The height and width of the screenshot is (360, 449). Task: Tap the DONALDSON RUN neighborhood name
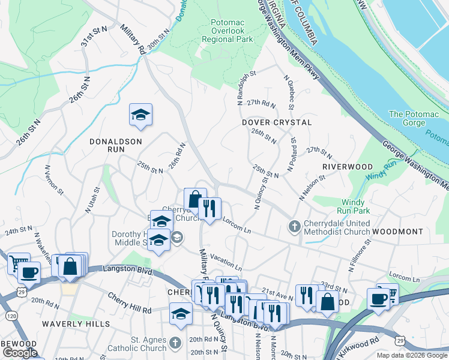point(115,142)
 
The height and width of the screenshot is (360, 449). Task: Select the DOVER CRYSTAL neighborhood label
point(277,122)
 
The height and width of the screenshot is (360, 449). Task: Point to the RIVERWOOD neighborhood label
point(347,166)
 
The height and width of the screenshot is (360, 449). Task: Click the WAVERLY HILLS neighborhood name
point(76,324)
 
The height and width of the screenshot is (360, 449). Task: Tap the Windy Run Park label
point(356,206)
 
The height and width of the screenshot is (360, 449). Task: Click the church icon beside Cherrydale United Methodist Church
point(294,226)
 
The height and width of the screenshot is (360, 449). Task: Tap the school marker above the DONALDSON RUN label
point(140,115)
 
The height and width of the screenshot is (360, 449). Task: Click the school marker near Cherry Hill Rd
point(181,314)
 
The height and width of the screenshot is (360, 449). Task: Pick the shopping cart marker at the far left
point(18,262)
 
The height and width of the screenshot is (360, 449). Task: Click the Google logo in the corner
point(20,353)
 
